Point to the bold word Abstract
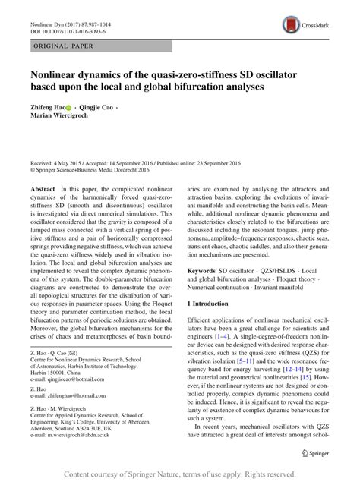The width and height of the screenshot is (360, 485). click(43, 187)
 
